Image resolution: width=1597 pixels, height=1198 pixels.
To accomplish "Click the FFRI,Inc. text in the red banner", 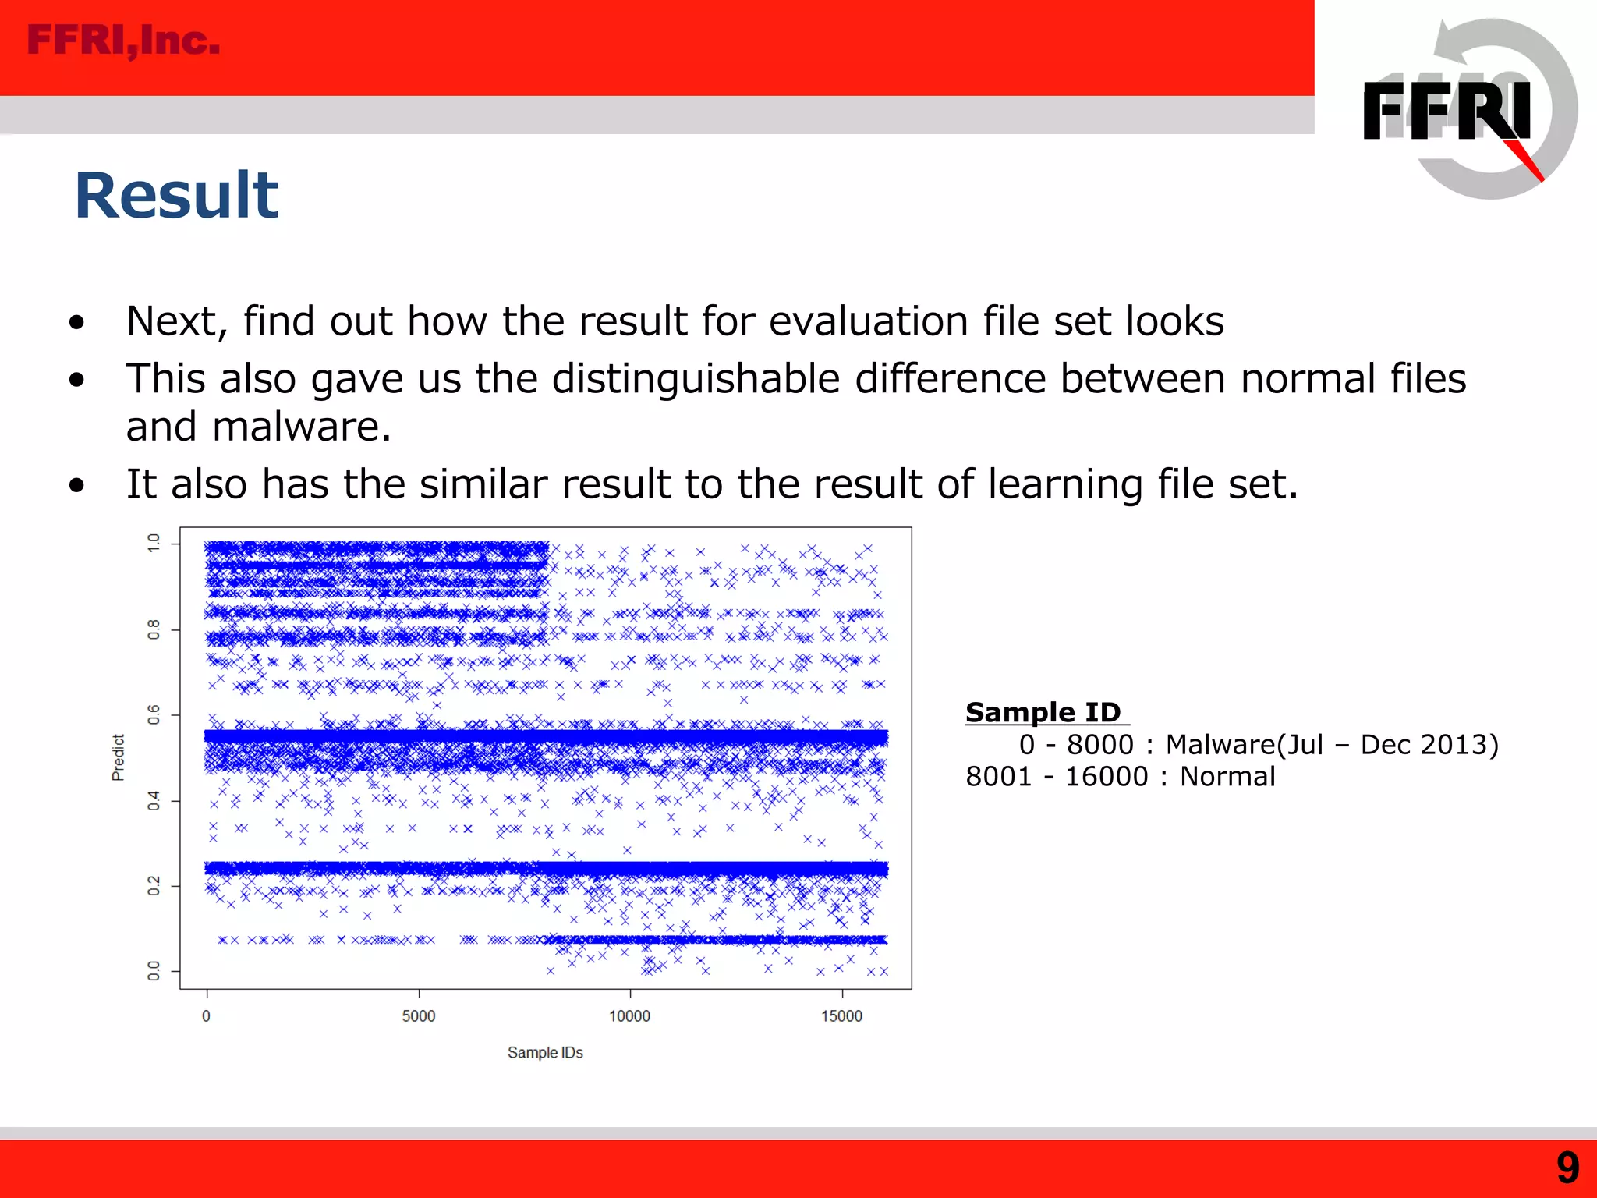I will (x=123, y=41).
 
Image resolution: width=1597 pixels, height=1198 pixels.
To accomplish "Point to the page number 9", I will (x=1567, y=1168).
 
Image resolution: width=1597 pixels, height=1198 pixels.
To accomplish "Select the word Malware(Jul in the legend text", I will (x=1244, y=745).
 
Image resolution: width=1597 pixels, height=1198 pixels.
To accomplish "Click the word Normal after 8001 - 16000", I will (x=1227, y=777).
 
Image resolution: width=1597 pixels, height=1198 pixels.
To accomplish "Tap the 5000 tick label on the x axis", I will (x=419, y=1016).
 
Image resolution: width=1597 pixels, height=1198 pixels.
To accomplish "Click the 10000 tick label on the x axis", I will (x=629, y=1016).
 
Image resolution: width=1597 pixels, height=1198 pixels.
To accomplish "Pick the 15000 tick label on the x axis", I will (x=841, y=1016).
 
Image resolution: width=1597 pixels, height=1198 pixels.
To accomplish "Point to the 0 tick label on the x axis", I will (x=206, y=1016).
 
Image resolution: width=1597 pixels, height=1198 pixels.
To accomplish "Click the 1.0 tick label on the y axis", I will (x=154, y=544).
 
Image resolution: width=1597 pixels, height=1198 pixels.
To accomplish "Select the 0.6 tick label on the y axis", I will (x=154, y=714).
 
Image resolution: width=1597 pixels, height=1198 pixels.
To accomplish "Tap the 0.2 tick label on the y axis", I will (x=154, y=886).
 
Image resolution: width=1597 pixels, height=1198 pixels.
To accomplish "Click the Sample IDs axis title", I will (x=545, y=1053).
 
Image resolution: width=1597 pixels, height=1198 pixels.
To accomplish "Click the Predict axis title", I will (x=118, y=757).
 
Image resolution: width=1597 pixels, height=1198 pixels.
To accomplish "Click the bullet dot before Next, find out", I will (x=76, y=323).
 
